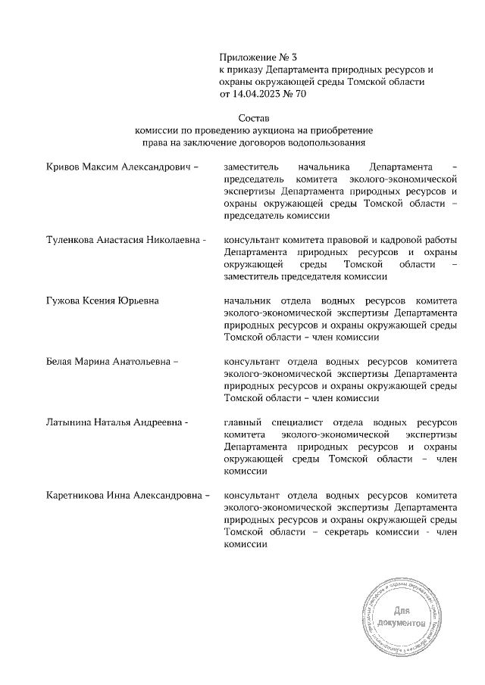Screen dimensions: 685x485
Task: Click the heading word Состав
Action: tap(254, 119)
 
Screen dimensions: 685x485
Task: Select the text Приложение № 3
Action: tap(255, 58)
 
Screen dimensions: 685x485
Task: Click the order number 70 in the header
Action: tap(300, 95)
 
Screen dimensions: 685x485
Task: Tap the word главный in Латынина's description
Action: tap(243, 422)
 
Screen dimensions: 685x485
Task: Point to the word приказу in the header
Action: tap(246, 70)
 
